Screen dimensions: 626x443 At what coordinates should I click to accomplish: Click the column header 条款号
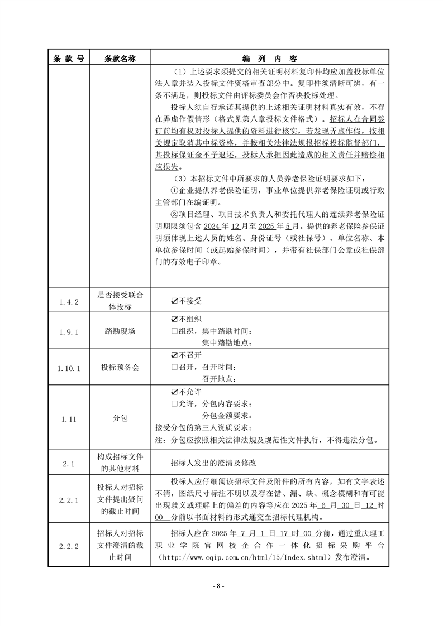(x=68, y=58)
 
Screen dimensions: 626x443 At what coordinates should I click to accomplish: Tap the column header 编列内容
(x=270, y=58)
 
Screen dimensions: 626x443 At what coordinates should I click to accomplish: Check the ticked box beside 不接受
(x=174, y=301)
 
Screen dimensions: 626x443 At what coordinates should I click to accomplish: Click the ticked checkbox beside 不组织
(x=174, y=319)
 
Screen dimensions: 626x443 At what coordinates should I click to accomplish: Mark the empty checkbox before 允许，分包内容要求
(x=174, y=404)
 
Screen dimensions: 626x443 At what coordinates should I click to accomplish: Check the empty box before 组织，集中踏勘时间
(x=174, y=331)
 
